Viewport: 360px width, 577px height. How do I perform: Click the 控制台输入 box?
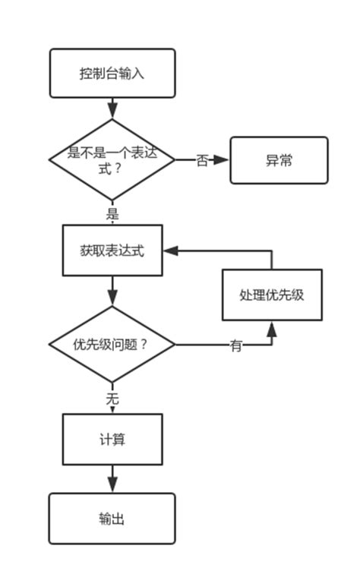112,74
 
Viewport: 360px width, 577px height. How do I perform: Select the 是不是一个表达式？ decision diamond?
112,160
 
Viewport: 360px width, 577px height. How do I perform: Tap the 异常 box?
279,160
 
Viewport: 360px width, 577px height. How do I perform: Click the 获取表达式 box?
112,251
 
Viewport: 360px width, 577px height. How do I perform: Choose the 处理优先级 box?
271,295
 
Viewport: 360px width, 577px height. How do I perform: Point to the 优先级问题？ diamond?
112,345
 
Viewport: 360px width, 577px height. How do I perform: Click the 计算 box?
112,440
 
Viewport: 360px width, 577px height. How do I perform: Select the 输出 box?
112,519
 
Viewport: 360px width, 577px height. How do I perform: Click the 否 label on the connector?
202,161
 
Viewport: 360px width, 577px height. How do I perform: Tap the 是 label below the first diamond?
112,213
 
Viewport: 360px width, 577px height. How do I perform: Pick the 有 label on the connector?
236,346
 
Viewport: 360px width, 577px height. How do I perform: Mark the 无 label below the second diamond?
112,398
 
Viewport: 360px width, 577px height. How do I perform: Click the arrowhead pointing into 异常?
222,160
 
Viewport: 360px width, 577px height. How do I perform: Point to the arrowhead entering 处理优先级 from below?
271,328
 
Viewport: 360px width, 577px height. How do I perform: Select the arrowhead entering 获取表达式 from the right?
171,251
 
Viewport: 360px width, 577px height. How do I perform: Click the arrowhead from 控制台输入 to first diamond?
112,111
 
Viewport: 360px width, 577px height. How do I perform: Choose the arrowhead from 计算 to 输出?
112,485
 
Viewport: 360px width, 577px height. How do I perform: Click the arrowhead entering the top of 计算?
112,410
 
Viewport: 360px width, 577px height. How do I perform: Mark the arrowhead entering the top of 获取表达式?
112,222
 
